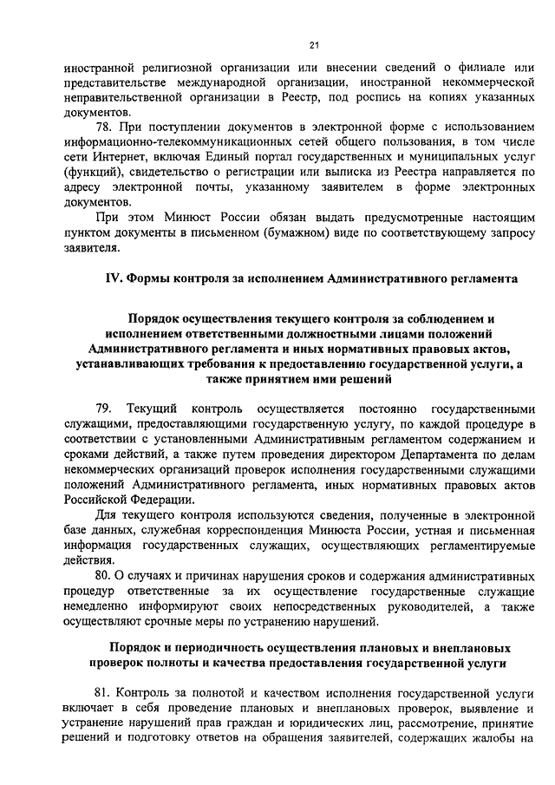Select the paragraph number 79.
[x=104, y=408]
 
